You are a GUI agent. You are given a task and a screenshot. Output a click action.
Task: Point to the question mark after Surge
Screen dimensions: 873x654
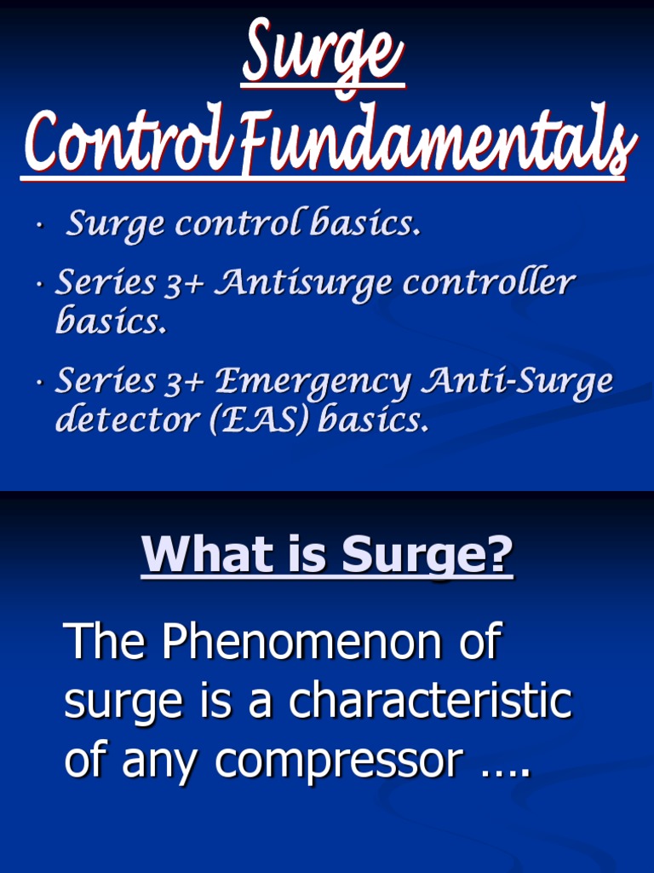pyautogui.click(x=502, y=555)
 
